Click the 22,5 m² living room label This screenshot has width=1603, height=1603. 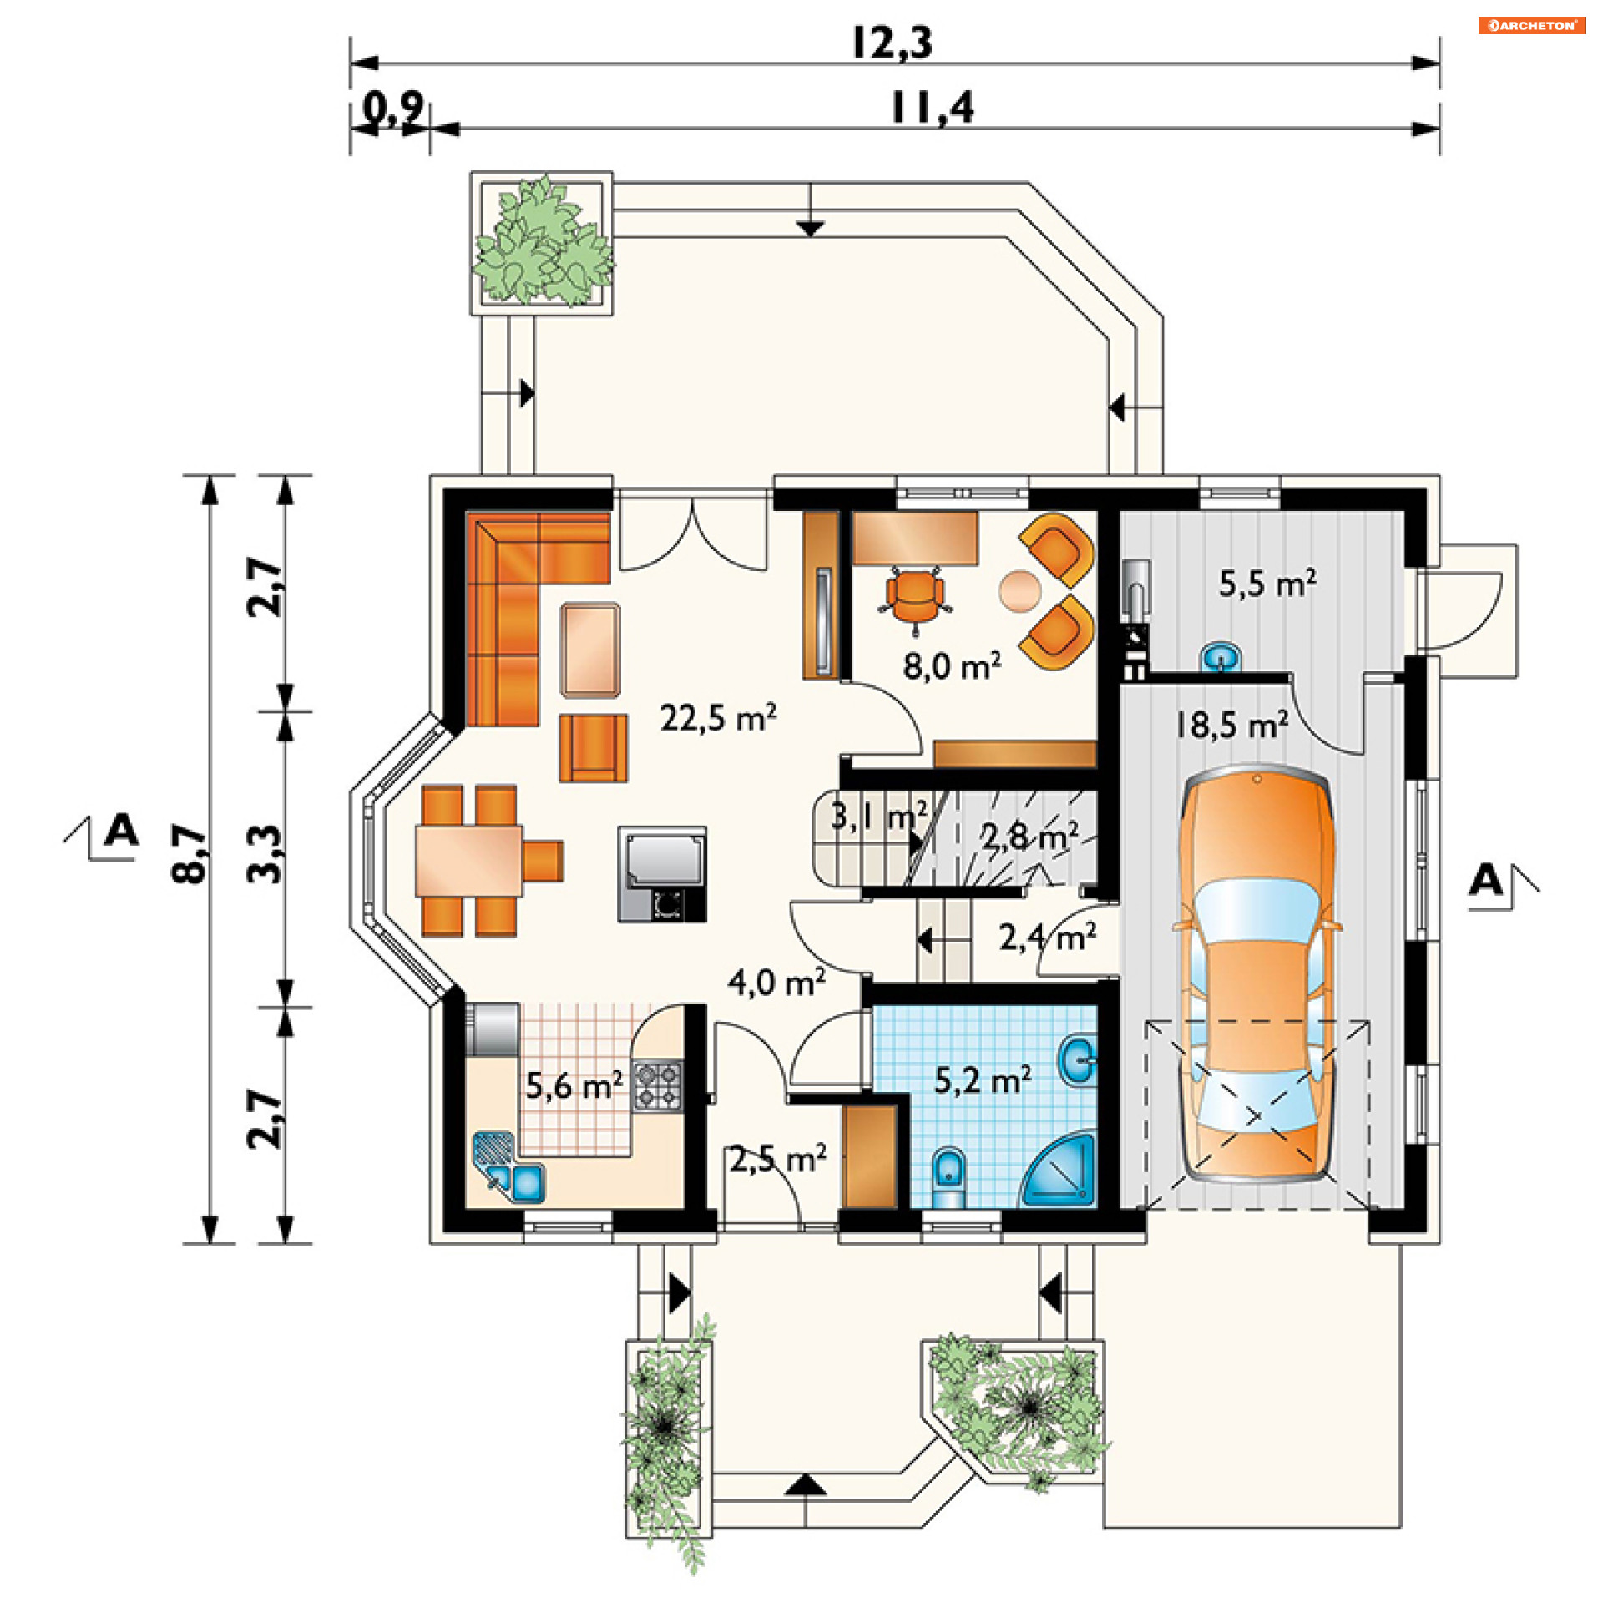(x=718, y=717)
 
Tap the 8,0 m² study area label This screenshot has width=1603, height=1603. (x=952, y=665)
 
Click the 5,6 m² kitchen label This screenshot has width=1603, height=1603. (x=574, y=1085)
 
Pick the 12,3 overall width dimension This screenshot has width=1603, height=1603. (x=892, y=43)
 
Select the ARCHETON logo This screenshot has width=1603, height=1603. (x=1532, y=25)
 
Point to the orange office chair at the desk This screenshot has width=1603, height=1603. (x=915, y=594)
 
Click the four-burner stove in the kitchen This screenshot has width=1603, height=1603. (x=658, y=1085)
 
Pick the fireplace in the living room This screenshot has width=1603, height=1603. (x=662, y=874)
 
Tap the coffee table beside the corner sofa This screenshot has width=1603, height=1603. (x=590, y=650)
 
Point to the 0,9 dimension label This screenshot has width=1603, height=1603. (x=393, y=108)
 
